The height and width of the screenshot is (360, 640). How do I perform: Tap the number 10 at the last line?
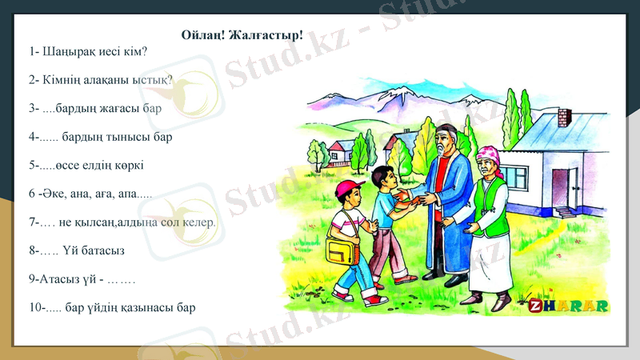pyautogui.click(x=34, y=307)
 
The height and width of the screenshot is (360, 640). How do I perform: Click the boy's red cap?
pyautogui.click(x=348, y=189)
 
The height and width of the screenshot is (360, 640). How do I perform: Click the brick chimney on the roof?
pyautogui.click(x=563, y=117)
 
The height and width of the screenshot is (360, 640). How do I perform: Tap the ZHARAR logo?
pyautogui.click(x=569, y=306)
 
